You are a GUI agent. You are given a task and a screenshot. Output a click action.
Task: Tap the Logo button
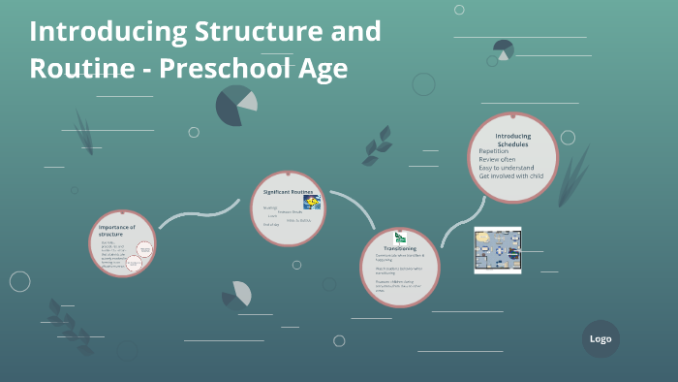pos(601,338)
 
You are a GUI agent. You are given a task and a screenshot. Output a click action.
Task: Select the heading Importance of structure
pos(117,230)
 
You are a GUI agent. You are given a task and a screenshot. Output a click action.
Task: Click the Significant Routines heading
pos(289,192)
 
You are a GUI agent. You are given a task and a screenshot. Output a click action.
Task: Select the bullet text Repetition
pos(493,151)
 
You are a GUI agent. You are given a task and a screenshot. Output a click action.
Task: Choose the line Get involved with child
pos(514,176)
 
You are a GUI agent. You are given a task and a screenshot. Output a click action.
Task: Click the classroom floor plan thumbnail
pos(498,250)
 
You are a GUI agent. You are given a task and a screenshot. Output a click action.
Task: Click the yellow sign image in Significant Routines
pos(312,202)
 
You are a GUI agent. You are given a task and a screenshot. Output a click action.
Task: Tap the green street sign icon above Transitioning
pos(400,237)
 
